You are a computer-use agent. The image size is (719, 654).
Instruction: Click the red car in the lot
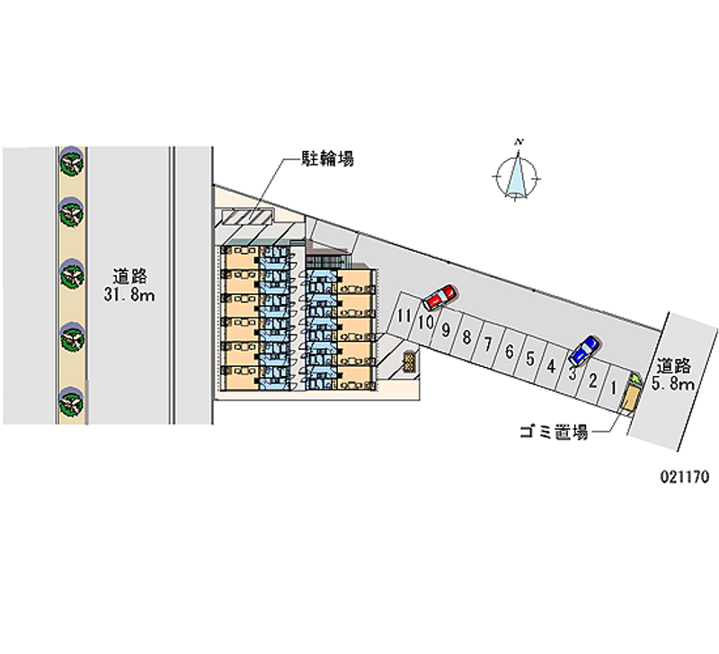(439, 296)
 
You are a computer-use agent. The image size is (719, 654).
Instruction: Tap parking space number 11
(404, 315)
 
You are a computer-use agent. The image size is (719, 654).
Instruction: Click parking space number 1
(613, 388)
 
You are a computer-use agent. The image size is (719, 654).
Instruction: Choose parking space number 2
(592, 381)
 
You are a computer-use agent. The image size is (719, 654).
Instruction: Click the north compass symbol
(518, 174)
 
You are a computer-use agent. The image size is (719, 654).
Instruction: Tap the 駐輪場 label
(326, 159)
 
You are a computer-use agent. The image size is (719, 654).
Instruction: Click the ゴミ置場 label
(554, 433)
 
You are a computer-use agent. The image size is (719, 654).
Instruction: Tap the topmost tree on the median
(71, 160)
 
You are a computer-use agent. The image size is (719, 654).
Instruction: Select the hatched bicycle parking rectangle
(247, 218)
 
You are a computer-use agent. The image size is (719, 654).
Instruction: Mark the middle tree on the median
(71, 273)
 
